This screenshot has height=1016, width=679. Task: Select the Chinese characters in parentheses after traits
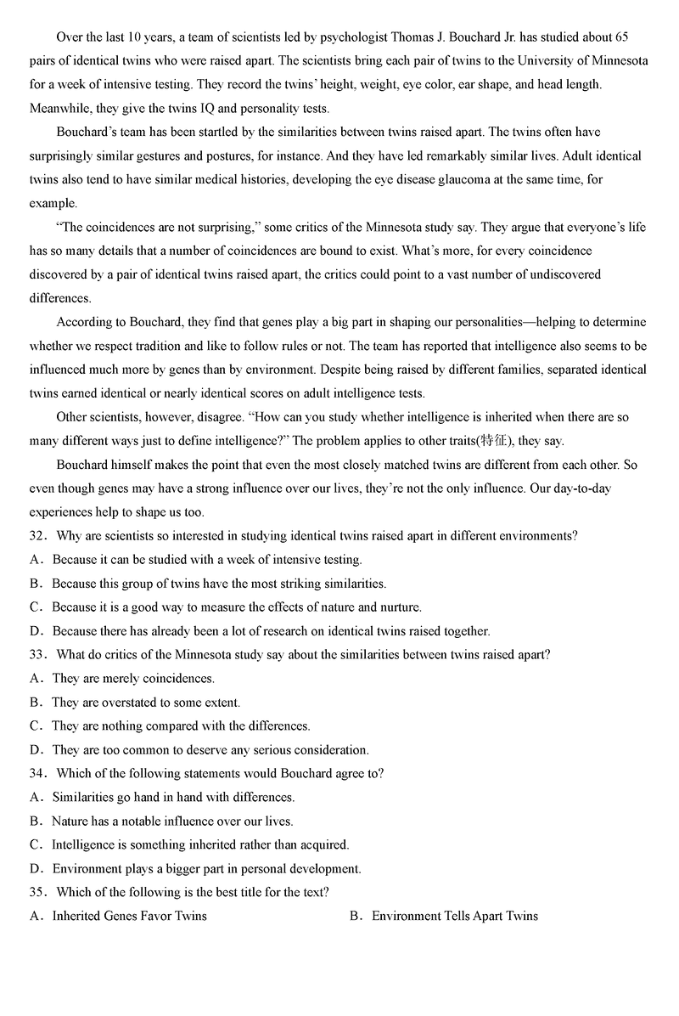[495, 441]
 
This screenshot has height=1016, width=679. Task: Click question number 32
[37, 536]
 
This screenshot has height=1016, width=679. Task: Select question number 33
[37, 655]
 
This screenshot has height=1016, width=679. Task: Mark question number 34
[37, 774]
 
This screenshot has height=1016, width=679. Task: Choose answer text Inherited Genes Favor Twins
[129, 916]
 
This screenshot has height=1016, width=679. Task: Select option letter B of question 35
[355, 916]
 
